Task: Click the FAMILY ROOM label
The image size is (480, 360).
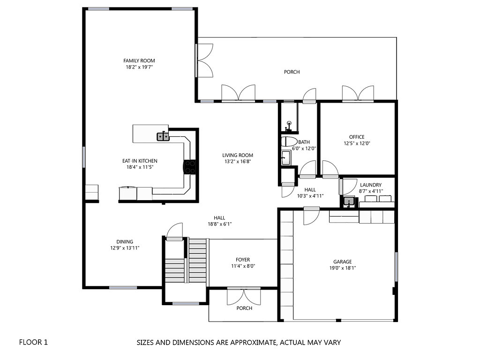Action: point(139,60)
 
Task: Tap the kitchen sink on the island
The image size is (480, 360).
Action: point(163,136)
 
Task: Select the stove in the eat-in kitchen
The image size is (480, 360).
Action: point(190,167)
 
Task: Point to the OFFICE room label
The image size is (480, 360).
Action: point(356,137)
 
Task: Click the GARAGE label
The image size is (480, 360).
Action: point(342,262)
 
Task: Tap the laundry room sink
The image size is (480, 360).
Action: point(348,202)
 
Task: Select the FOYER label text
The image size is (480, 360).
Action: point(242,260)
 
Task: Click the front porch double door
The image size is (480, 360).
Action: point(243,295)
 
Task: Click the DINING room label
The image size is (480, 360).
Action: point(125,242)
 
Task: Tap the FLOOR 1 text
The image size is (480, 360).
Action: point(33,342)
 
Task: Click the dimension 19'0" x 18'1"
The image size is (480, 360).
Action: point(342,269)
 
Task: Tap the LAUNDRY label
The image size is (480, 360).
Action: point(370,185)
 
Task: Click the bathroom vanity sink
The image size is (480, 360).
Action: point(285,158)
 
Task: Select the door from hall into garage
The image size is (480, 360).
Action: point(311,216)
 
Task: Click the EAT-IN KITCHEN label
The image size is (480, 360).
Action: point(140,161)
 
